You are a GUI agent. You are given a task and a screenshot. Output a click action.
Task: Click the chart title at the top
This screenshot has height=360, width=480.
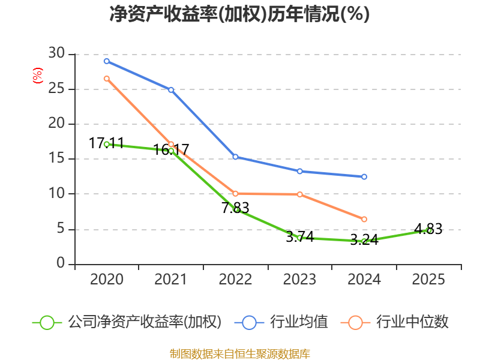[x=239, y=14]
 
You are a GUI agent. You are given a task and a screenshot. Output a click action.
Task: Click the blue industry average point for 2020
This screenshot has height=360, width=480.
[x=107, y=61]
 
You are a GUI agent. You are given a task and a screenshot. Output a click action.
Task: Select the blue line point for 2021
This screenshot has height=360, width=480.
[x=171, y=90]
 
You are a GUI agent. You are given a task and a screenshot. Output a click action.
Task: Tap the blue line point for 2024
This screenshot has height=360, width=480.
[x=364, y=177]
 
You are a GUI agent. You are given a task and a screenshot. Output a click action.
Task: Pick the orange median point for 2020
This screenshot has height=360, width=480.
[x=107, y=79]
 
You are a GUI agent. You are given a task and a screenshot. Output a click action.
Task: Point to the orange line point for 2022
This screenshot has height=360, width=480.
[x=235, y=193]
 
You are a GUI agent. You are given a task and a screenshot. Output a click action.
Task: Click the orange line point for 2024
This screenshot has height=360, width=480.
[x=364, y=220]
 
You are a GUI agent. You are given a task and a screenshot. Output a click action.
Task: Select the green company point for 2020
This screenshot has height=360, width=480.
[x=107, y=144]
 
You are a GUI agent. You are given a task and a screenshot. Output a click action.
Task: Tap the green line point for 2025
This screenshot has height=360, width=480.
[x=429, y=230]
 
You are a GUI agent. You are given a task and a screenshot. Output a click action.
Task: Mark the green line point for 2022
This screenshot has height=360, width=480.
[x=236, y=209]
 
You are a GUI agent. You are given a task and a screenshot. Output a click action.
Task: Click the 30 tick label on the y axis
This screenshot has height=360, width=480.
[x=56, y=54]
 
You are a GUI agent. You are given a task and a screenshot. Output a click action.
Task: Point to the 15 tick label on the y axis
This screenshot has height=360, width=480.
[x=56, y=159]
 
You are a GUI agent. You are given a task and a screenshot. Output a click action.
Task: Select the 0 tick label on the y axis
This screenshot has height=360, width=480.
[x=61, y=264]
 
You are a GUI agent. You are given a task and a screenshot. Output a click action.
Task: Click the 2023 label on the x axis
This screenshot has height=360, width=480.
[x=300, y=280]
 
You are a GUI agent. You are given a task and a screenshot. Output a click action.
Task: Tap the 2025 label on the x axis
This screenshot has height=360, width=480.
[x=429, y=280]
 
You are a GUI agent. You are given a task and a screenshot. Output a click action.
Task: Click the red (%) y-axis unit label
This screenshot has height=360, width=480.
[x=37, y=76]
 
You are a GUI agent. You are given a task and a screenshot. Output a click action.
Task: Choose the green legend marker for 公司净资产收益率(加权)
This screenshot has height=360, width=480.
[x=47, y=322]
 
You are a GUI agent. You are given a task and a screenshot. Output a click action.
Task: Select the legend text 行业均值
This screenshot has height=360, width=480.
[x=299, y=322]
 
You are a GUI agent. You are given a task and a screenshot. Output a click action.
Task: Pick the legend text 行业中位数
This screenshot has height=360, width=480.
[x=412, y=322]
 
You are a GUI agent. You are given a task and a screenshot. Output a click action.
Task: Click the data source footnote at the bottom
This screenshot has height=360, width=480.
[x=239, y=353]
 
